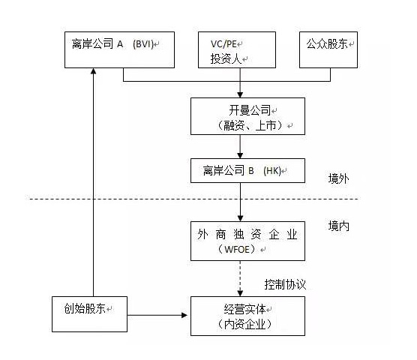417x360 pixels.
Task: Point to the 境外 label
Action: (x=338, y=178)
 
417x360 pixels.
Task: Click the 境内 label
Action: (x=338, y=226)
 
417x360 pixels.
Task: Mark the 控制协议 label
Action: (x=285, y=284)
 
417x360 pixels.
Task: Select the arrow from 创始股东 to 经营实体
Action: (x=157, y=315)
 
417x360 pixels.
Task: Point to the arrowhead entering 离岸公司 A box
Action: (x=93, y=71)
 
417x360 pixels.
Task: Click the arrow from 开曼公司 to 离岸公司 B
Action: (x=240, y=146)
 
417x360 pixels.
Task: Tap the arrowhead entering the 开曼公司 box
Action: (x=240, y=95)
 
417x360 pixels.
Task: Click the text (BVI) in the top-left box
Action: (x=143, y=43)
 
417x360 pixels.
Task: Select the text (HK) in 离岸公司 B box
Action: (x=272, y=171)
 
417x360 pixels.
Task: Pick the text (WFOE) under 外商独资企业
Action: (x=237, y=250)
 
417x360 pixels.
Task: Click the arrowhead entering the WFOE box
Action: (x=240, y=218)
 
